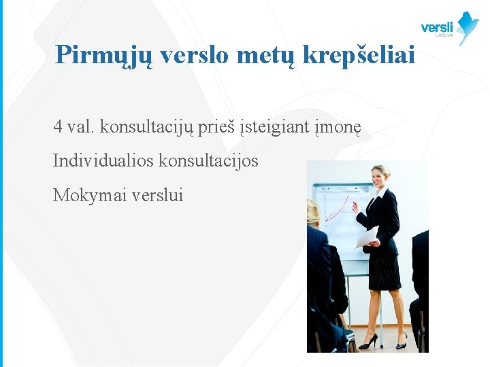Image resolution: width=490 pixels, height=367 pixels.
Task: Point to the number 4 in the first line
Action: coord(58,126)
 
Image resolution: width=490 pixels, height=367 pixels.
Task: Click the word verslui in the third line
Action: coord(158,196)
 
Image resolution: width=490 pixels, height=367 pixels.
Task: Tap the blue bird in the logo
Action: coord(468,27)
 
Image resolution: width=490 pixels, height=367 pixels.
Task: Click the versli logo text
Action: coord(436,27)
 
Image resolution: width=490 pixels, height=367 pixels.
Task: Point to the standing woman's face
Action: coord(378,177)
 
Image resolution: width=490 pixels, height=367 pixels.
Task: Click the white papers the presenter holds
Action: coord(367,237)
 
